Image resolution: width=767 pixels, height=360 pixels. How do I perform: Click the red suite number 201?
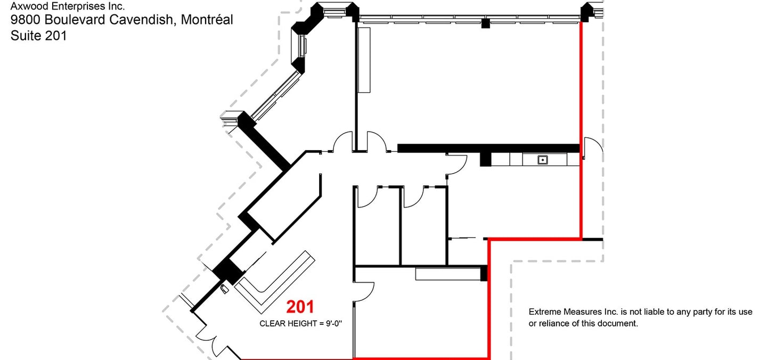click(300, 307)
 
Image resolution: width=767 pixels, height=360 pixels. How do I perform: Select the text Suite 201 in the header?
click(38, 36)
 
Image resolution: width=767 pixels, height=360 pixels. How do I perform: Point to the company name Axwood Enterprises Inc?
click(67, 6)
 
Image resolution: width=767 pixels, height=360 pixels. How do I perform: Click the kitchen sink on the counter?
click(543, 159)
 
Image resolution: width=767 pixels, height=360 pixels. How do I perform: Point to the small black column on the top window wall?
click(485, 23)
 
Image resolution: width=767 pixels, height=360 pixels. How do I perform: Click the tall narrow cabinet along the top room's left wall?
click(364, 60)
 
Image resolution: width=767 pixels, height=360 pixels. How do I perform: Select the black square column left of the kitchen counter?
click(485, 159)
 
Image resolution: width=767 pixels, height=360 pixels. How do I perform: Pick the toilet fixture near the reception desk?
click(224, 289)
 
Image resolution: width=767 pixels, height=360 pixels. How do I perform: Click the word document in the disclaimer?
click(620, 323)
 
